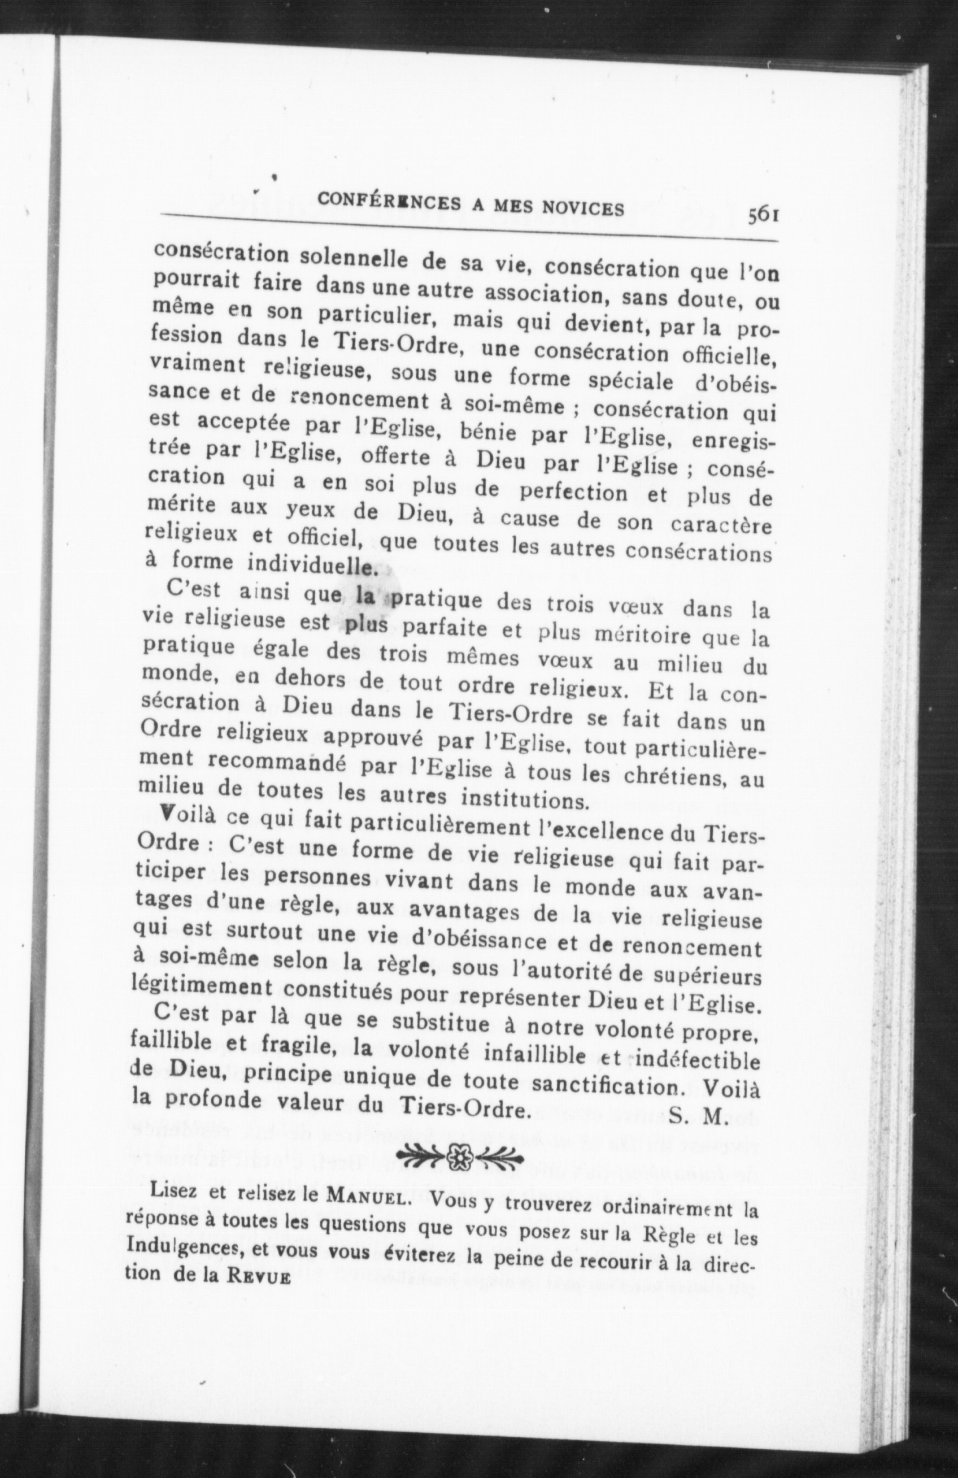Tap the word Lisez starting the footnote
point(174,1190)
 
